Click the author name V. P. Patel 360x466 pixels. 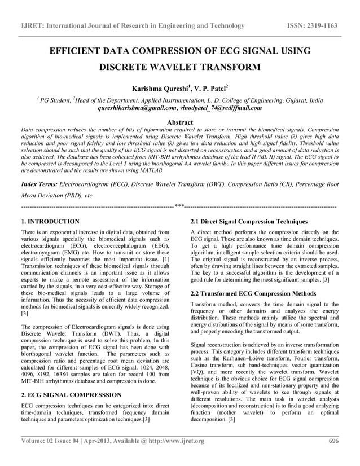pyautogui.click(x=212, y=89)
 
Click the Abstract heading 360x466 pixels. pyautogui.click(x=179, y=122)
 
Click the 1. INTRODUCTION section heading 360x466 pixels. pyautogui.click(x=50, y=222)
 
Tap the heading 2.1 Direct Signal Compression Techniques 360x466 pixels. pyautogui.click(x=249, y=222)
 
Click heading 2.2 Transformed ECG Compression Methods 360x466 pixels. pyautogui.click(x=253, y=293)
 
